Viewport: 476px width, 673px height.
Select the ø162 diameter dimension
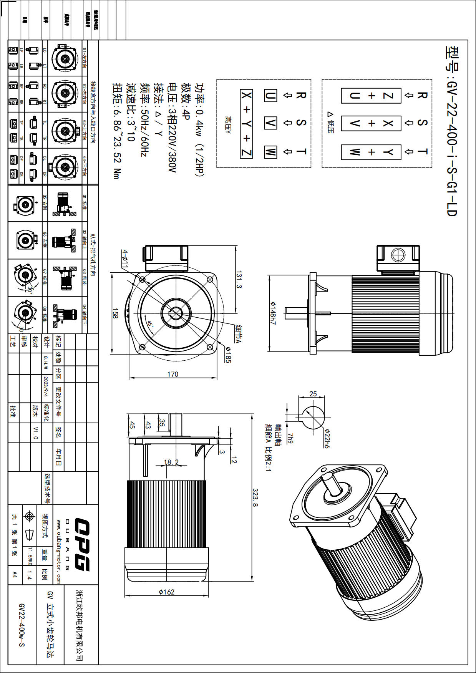tap(167, 592)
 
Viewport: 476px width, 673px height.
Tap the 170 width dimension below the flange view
tap(172, 374)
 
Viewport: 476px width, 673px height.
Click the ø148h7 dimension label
tap(272, 313)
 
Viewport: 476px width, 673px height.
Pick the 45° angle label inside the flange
tap(150, 322)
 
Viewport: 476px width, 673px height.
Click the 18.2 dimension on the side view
tap(171, 462)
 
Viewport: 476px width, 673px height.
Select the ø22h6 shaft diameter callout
tap(327, 438)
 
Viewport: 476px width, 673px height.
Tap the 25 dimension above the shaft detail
tap(313, 394)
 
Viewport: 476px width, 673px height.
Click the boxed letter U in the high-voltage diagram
tap(270, 95)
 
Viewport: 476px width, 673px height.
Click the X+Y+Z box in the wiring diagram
tap(246, 124)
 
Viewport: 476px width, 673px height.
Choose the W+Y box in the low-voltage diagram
tap(371, 152)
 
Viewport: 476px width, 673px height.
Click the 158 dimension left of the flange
tap(115, 313)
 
